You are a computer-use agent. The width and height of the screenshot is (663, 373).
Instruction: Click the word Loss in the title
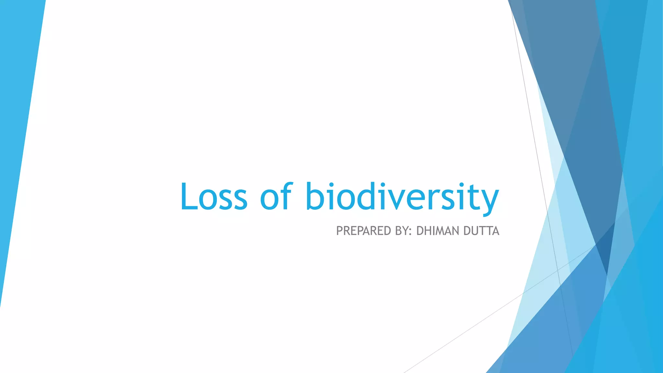tap(214, 197)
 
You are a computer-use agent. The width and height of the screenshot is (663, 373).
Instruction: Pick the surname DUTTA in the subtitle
tap(481, 231)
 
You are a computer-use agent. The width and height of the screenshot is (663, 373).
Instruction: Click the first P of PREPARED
tap(340, 231)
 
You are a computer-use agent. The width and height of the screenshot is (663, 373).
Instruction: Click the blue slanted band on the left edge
tap(19, 130)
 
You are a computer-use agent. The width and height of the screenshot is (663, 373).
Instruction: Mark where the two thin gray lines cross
tap(557, 270)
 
